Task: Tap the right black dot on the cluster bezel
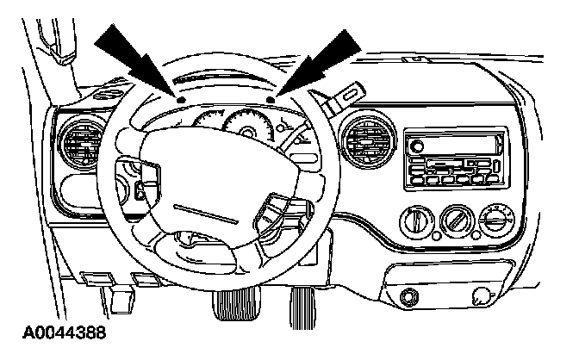pyautogui.click(x=271, y=101)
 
